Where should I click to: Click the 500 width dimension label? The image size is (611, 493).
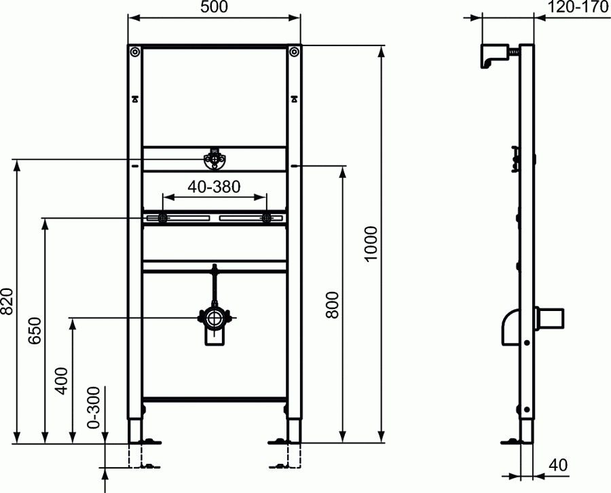tap(214, 8)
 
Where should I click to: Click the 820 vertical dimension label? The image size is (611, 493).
tap(7, 301)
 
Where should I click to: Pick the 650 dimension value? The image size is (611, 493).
tap(35, 331)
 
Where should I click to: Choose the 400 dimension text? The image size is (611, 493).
tap(61, 381)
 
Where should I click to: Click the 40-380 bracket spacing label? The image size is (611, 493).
tap(214, 187)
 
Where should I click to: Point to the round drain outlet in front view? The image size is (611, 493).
tap(215, 317)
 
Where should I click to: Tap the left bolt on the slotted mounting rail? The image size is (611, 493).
tap(163, 218)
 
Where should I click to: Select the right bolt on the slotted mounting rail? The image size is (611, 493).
tap(266, 218)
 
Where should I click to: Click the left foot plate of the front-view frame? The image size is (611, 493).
tap(145, 442)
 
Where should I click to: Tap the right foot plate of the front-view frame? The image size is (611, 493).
tap(284, 442)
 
